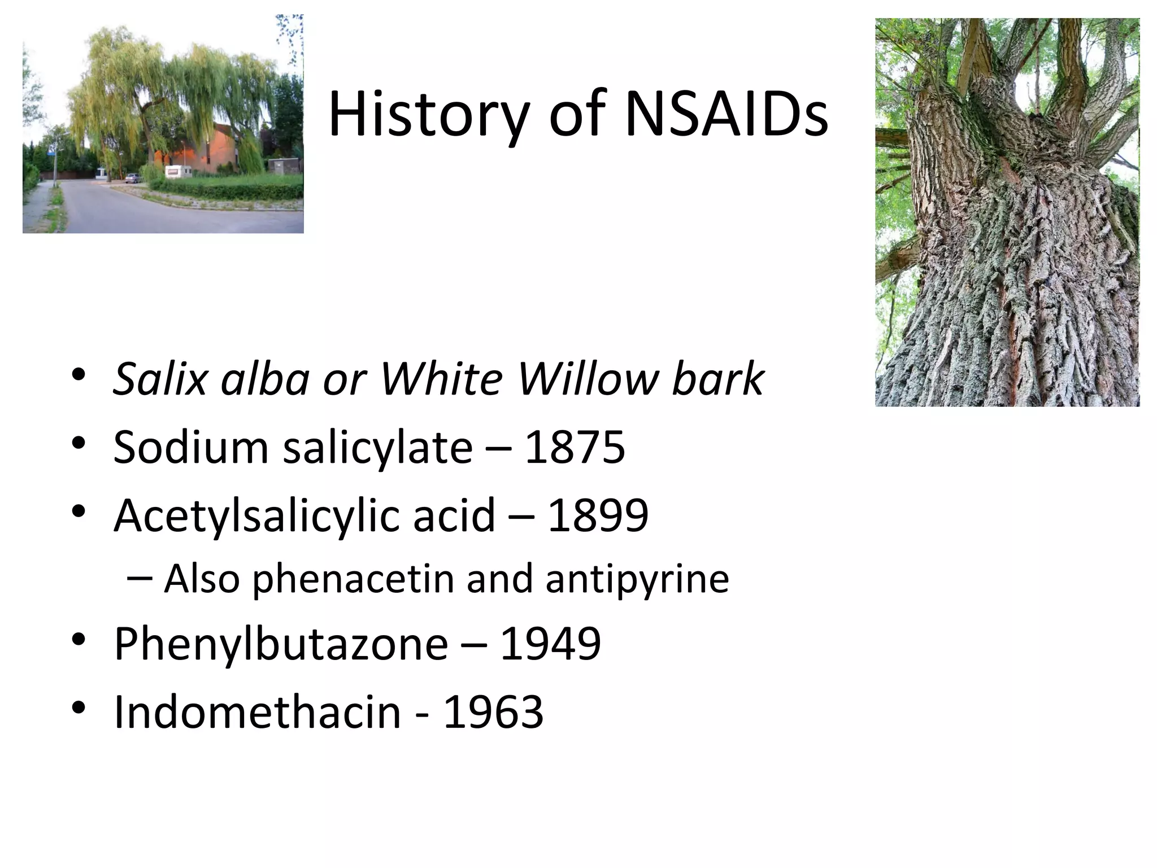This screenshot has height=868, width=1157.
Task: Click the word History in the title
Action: tap(427, 116)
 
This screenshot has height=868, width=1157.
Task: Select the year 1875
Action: tap(575, 447)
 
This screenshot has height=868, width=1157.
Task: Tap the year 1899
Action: tap(598, 515)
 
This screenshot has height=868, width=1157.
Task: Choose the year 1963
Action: tap(493, 711)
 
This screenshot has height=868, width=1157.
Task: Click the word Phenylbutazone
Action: tap(281, 644)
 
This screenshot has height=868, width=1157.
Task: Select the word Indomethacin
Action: tap(257, 711)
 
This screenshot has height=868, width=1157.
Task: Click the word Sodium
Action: tap(190, 447)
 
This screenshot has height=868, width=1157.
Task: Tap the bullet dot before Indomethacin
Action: tap(79, 708)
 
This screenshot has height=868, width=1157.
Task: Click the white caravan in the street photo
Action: tap(177, 172)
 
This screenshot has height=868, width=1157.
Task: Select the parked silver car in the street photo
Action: tap(132, 178)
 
